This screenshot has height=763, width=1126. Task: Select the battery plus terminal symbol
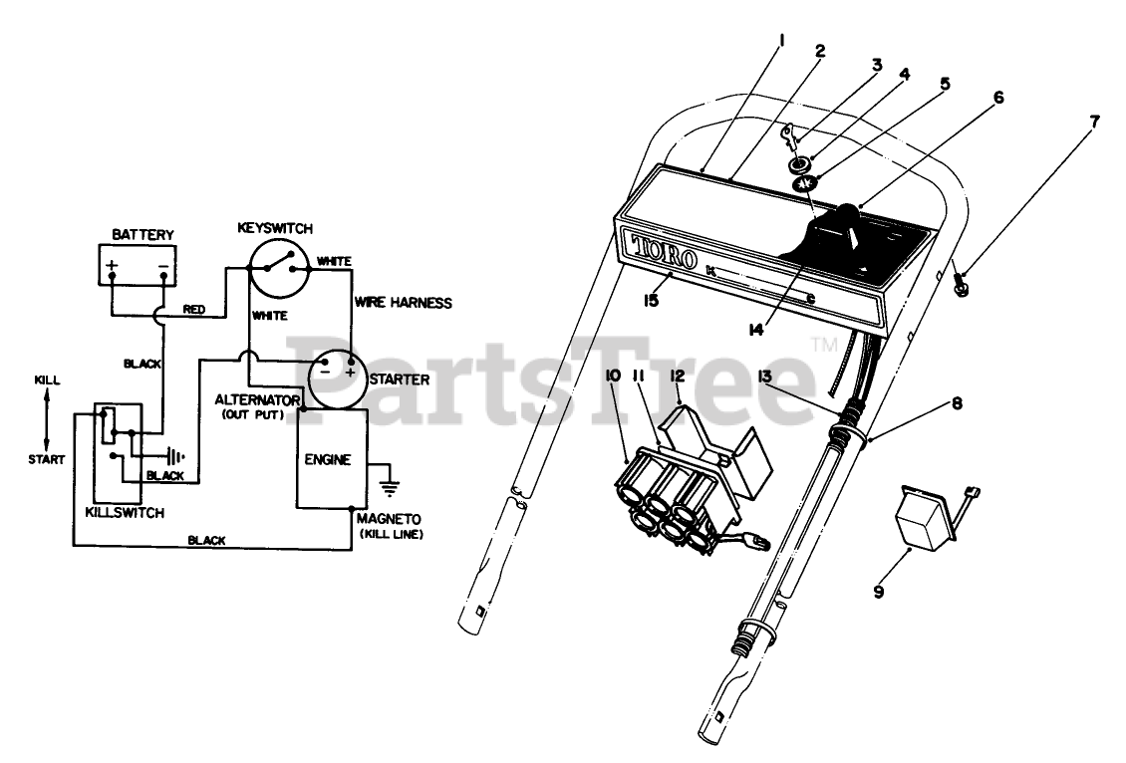(113, 266)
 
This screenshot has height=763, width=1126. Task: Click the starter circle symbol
(335, 378)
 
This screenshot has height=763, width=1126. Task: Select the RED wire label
(194, 310)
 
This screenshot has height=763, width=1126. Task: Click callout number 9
(879, 592)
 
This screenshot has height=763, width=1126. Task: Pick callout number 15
(650, 300)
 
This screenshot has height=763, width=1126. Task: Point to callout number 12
(679, 376)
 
